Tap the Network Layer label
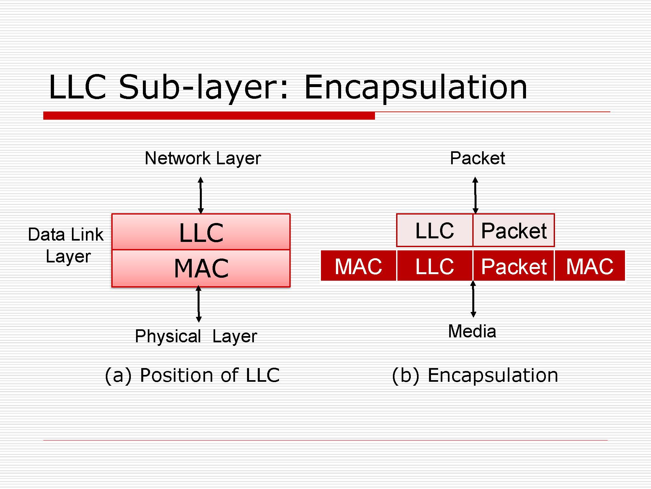[203, 158]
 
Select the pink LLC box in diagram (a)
[201, 232]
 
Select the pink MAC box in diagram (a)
[201, 268]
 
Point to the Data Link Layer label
[66, 245]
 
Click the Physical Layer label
[196, 336]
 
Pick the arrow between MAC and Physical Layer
[199, 304]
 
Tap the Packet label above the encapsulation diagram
[477, 158]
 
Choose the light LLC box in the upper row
[435, 230]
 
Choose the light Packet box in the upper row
[514, 230]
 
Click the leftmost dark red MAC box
[358, 266]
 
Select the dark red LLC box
[435, 266]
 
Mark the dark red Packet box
[514, 266]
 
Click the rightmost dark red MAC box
[590, 266]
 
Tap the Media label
[472, 332]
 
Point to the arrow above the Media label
[474, 299]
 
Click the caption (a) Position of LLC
[192, 375]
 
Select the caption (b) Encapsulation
[475, 375]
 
